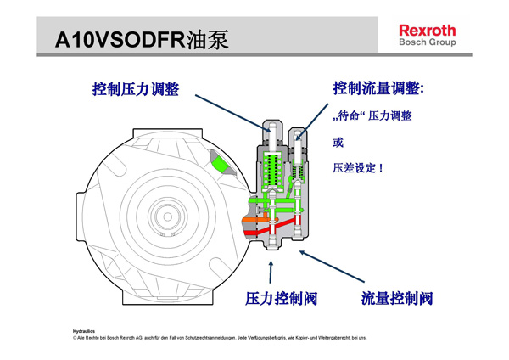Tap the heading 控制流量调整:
[x=378, y=88]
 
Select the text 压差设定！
[x=357, y=168]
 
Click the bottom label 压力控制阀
[x=281, y=298]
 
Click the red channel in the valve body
[x=276, y=229]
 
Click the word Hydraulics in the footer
[x=84, y=331]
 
